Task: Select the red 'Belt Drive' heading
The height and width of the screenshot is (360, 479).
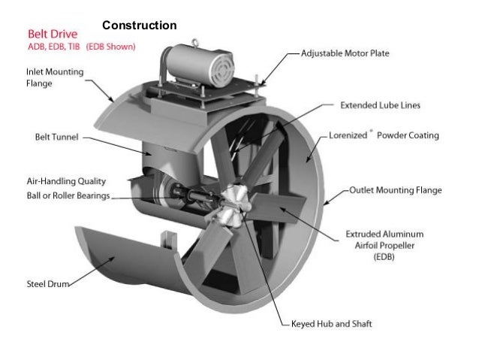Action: tap(53, 35)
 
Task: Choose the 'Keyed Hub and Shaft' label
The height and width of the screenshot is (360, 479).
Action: tap(331, 325)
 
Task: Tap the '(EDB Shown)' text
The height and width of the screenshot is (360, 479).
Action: tap(111, 47)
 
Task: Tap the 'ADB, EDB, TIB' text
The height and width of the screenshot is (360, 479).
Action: tap(54, 47)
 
